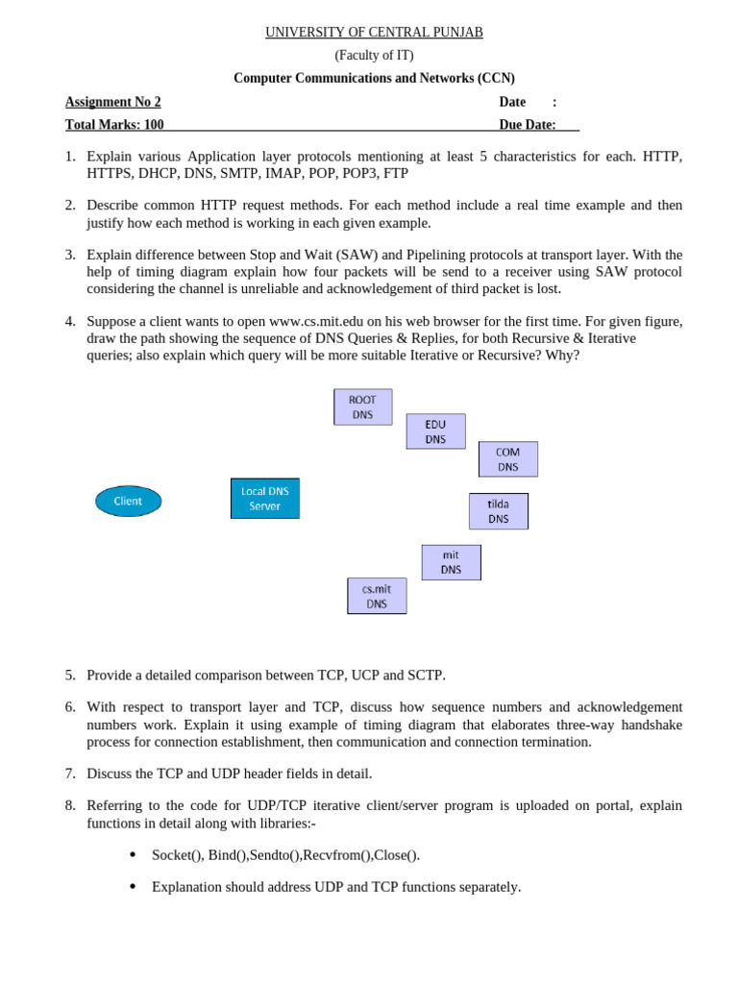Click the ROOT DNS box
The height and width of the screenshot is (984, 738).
pyautogui.click(x=362, y=406)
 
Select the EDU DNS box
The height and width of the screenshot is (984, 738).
pyautogui.click(x=435, y=431)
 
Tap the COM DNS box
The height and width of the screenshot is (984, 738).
pyautogui.click(x=507, y=459)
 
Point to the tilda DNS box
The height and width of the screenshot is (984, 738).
pyautogui.click(x=498, y=511)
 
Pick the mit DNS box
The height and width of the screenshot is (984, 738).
pyautogui.click(x=451, y=562)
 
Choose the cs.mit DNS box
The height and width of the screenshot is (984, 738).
pyautogui.click(x=377, y=596)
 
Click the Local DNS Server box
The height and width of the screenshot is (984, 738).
pyautogui.click(x=264, y=498)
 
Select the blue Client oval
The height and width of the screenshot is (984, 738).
pyautogui.click(x=128, y=501)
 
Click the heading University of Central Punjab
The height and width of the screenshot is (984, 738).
pyautogui.click(x=374, y=33)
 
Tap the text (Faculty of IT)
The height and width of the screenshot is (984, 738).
pyautogui.click(x=374, y=56)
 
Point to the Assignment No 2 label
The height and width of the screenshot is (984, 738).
pyautogui.click(x=112, y=102)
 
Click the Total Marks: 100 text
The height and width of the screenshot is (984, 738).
pyautogui.click(x=113, y=125)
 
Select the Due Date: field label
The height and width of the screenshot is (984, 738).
pyautogui.click(x=527, y=125)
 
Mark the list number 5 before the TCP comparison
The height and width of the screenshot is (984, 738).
pyautogui.click(x=70, y=676)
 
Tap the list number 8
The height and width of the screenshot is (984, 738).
pyautogui.click(x=70, y=805)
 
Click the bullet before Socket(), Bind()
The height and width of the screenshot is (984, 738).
pyautogui.click(x=132, y=854)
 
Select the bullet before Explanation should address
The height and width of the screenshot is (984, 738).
pyautogui.click(x=132, y=887)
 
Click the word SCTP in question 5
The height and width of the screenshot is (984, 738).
pyautogui.click(x=426, y=676)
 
